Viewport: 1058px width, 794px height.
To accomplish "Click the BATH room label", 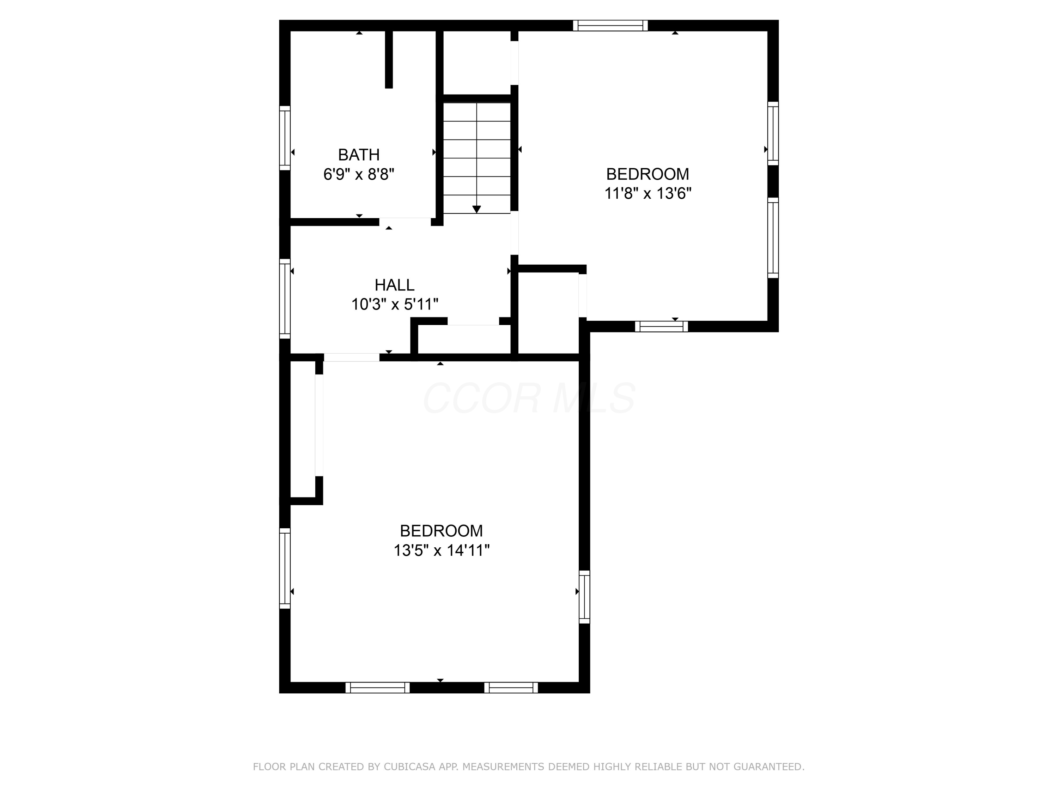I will [x=359, y=155].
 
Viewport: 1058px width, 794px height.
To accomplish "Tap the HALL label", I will [x=394, y=285].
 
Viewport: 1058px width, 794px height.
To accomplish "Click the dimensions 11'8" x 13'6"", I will [x=647, y=193].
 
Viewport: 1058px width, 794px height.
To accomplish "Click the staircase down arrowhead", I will [x=476, y=209].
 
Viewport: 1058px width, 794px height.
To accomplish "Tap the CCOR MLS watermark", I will [x=529, y=398].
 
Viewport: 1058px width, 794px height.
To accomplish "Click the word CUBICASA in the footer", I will [x=409, y=767].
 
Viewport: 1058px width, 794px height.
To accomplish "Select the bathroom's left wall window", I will [x=285, y=138].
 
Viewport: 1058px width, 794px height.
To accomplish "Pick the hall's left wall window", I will [x=285, y=299].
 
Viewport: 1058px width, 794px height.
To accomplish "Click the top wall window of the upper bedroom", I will [x=610, y=25].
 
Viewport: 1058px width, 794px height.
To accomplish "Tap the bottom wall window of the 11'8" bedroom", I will [x=662, y=326].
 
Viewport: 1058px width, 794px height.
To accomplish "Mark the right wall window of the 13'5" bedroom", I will [x=584, y=597].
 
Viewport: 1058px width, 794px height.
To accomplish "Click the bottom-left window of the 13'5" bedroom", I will [x=377, y=688].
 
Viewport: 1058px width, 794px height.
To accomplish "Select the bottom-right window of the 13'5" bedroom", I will [x=511, y=688].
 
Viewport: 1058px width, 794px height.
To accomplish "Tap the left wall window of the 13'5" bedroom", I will [x=285, y=569].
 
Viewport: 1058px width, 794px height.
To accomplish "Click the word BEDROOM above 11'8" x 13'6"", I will [x=647, y=174].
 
